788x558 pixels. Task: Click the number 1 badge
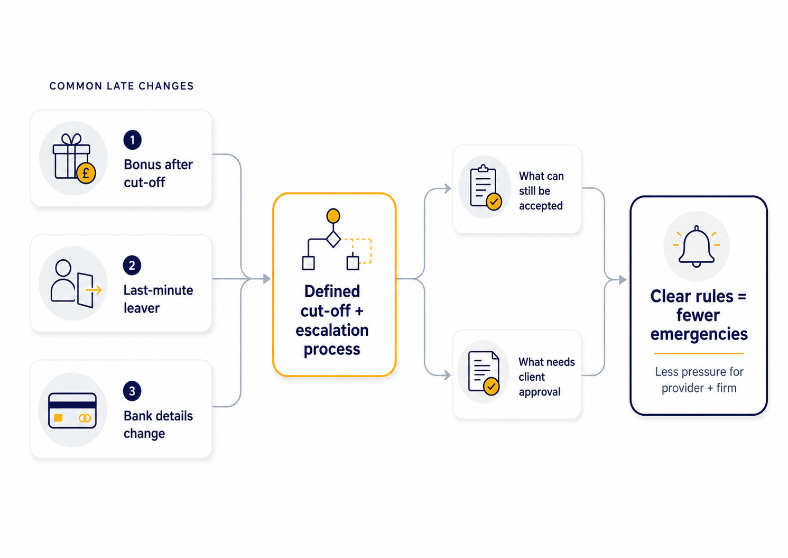click(x=132, y=140)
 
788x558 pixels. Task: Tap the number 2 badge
click(x=132, y=265)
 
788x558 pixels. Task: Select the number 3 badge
click(x=132, y=391)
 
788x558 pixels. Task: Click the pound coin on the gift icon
click(x=86, y=173)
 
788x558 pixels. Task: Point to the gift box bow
click(x=71, y=139)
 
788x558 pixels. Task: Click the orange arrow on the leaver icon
click(x=94, y=290)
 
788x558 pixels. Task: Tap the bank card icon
click(x=72, y=410)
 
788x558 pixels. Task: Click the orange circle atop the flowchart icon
click(x=333, y=216)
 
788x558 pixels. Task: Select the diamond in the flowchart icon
click(x=333, y=240)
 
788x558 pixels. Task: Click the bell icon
click(x=697, y=246)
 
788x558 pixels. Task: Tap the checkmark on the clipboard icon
click(x=494, y=202)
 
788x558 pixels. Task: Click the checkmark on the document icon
click(x=491, y=386)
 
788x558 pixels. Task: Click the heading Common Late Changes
click(x=122, y=86)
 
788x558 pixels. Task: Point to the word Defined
click(x=332, y=291)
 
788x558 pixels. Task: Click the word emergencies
click(x=699, y=334)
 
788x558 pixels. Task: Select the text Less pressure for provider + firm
click(x=699, y=380)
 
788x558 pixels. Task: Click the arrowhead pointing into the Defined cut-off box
click(x=267, y=279)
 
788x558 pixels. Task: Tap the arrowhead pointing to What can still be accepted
click(x=448, y=188)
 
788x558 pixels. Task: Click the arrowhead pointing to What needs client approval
click(x=448, y=376)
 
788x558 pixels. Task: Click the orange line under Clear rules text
click(x=699, y=353)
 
